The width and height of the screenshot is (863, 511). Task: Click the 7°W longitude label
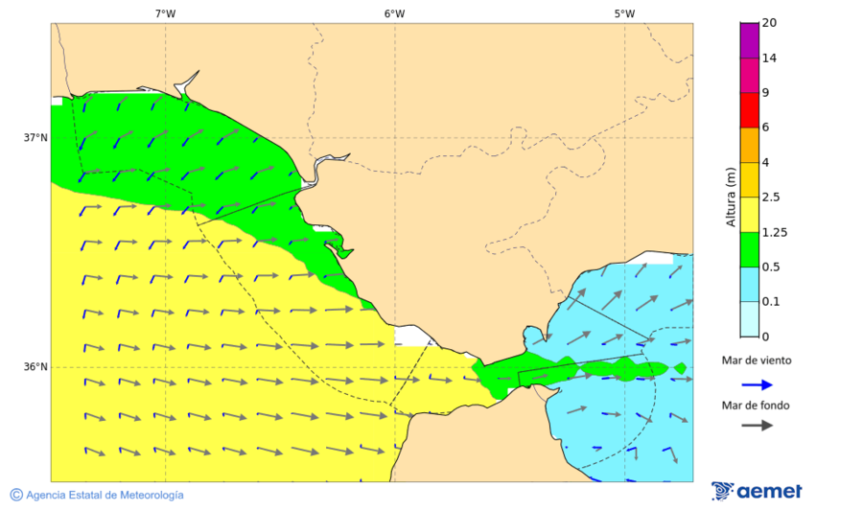tap(165, 13)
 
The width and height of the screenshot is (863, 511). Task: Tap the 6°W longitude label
tap(394, 13)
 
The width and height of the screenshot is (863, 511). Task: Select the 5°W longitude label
tap(624, 13)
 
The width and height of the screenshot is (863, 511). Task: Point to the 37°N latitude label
tap(35, 137)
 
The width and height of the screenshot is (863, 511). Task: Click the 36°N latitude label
tap(35, 366)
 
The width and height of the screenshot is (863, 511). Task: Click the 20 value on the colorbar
tap(768, 23)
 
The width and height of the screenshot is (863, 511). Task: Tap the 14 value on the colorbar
tap(768, 58)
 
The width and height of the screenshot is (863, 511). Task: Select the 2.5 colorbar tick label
tap(771, 197)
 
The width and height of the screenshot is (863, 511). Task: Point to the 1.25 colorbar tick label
tap(774, 232)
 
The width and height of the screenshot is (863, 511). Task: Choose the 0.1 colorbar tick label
tap(771, 302)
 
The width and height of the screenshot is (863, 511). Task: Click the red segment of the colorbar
tap(749, 109)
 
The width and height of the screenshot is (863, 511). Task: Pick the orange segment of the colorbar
tap(749, 145)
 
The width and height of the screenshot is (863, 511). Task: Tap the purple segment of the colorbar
tap(749, 39)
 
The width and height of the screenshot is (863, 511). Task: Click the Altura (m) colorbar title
tap(731, 197)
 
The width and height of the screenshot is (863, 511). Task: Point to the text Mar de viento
tap(757, 360)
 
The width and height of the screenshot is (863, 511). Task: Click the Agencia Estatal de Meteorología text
tap(105, 495)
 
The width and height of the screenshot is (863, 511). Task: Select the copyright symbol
tap(16, 495)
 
